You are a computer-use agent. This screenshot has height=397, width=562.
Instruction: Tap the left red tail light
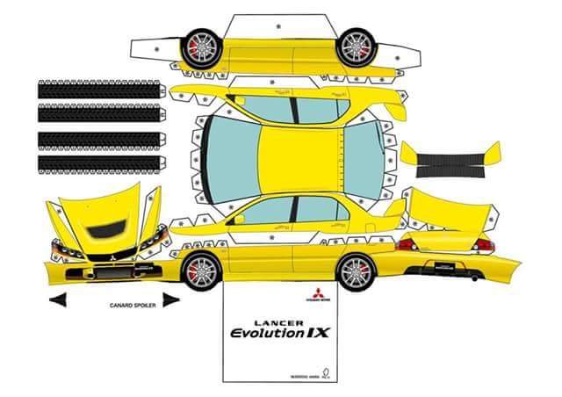click(x=407, y=244)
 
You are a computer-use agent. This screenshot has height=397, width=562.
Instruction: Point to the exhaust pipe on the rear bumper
click(x=475, y=276)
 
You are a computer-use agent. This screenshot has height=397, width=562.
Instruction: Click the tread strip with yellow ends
click(x=450, y=158)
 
